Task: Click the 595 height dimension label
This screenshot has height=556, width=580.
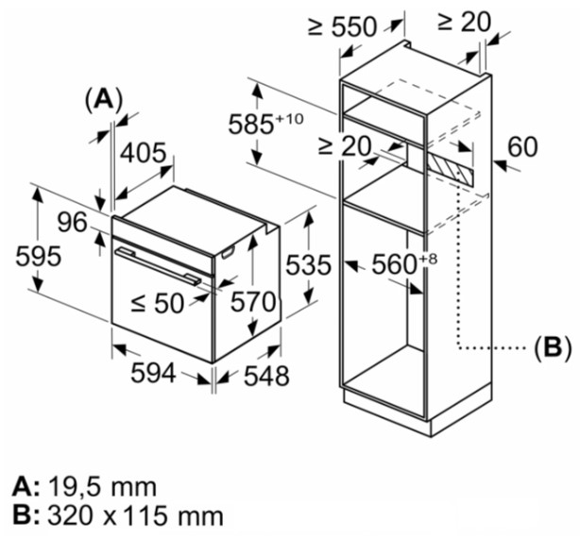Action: [x=38, y=256]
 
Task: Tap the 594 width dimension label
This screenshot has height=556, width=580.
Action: [x=154, y=373]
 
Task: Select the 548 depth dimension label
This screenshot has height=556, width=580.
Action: [x=266, y=377]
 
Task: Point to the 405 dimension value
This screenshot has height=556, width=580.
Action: [x=144, y=152]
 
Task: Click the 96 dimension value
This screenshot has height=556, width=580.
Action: [x=73, y=222]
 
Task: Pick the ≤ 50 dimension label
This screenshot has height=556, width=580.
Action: [x=158, y=304]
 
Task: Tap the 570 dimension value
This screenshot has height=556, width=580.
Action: [x=253, y=302]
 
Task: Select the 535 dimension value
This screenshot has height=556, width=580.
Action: [x=309, y=265]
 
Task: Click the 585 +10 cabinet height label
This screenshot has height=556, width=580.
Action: [x=266, y=123]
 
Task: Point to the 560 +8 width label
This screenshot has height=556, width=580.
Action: [x=404, y=263]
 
